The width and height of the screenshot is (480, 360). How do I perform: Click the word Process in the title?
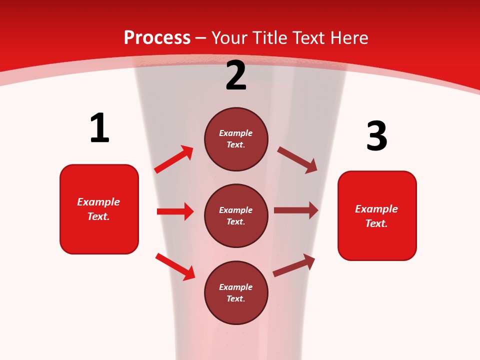point(157,37)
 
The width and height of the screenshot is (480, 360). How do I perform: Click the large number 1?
point(99,128)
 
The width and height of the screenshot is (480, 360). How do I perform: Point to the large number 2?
point(236,75)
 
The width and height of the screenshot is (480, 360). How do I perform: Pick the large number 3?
point(376,136)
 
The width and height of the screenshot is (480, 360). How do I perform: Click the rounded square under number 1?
point(99,209)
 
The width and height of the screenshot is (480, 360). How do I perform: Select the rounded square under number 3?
point(377,215)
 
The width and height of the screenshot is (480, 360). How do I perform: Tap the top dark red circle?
point(236,139)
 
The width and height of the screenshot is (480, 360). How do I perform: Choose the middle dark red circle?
point(236,215)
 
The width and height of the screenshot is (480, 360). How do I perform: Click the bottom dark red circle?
point(236,292)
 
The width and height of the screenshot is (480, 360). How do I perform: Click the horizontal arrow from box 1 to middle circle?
point(175,211)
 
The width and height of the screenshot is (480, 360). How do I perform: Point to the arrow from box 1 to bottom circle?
point(175,266)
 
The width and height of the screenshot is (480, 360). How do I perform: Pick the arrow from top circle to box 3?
point(297,159)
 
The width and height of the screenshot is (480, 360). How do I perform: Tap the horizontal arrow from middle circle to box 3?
point(296,210)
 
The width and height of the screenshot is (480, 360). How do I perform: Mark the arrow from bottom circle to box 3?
point(294,265)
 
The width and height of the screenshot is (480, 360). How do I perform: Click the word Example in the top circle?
point(236,133)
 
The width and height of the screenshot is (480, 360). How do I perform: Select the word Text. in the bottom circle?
point(236,298)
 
